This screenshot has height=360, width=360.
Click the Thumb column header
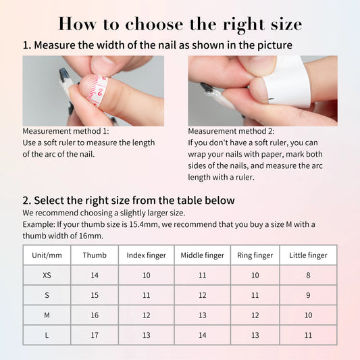(x=95, y=255)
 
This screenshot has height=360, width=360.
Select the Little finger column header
(x=308, y=255)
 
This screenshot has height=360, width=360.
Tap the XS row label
(x=47, y=276)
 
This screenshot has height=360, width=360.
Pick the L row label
(x=47, y=336)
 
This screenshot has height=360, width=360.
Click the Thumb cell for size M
(x=95, y=315)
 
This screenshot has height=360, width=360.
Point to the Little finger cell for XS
(x=308, y=276)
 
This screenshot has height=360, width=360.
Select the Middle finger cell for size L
(x=202, y=336)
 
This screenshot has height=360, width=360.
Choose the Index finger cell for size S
(x=146, y=296)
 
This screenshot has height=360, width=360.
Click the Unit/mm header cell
(x=47, y=255)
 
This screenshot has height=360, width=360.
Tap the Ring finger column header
(x=255, y=255)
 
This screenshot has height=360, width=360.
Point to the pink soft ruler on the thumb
(x=99, y=89)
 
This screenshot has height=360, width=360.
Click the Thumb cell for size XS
(x=95, y=276)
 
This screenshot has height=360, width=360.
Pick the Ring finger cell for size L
(x=255, y=336)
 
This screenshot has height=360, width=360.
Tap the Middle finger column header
(x=202, y=255)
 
